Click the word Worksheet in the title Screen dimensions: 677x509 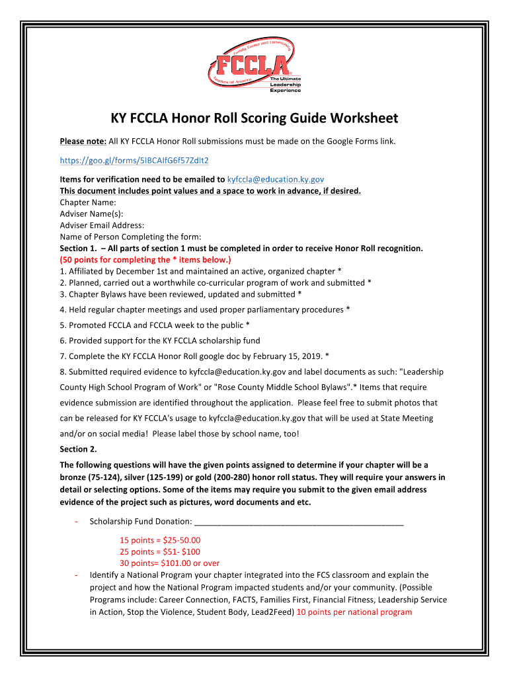[358, 118]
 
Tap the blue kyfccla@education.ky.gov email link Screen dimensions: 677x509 [276, 179]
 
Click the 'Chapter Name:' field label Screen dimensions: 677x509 [88, 202]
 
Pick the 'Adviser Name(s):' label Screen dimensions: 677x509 [91, 214]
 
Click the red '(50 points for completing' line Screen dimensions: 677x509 [145, 260]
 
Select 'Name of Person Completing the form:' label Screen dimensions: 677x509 [130, 237]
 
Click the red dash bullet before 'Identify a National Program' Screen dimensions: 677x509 [77, 575]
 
